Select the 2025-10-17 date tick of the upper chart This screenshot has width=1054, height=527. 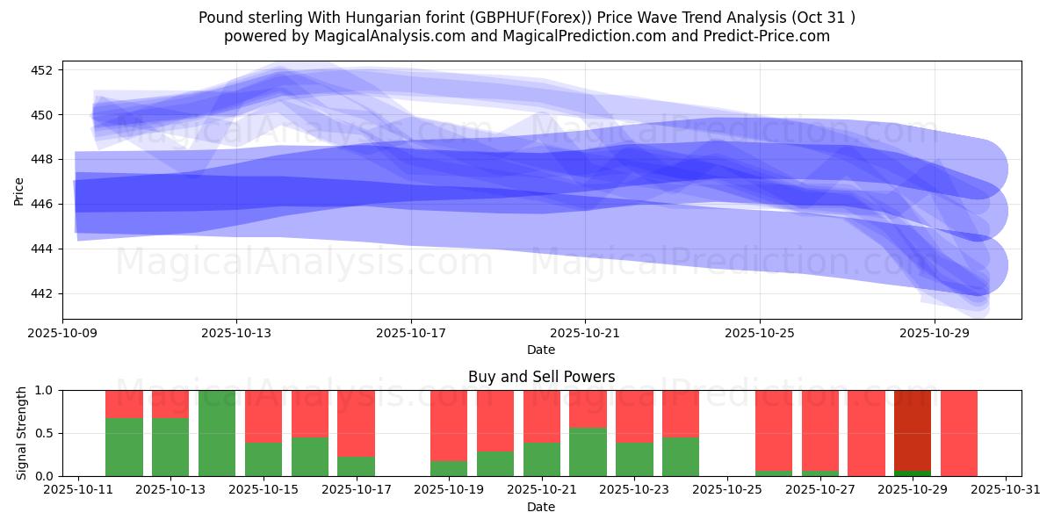click(x=411, y=334)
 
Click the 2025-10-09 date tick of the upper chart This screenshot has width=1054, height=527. click(x=62, y=334)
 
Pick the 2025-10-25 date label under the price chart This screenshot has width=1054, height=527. click(x=760, y=334)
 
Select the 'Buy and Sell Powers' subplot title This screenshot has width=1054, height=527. click(x=541, y=377)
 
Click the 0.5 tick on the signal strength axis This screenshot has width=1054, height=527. click(x=45, y=433)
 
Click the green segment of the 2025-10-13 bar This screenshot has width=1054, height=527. click(x=170, y=447)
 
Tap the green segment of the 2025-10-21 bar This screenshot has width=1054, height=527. click(x=542, y=459)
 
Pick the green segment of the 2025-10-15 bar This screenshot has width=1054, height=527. click(x=263, y=459)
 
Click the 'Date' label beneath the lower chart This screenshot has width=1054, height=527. click(x=541, y=507)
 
